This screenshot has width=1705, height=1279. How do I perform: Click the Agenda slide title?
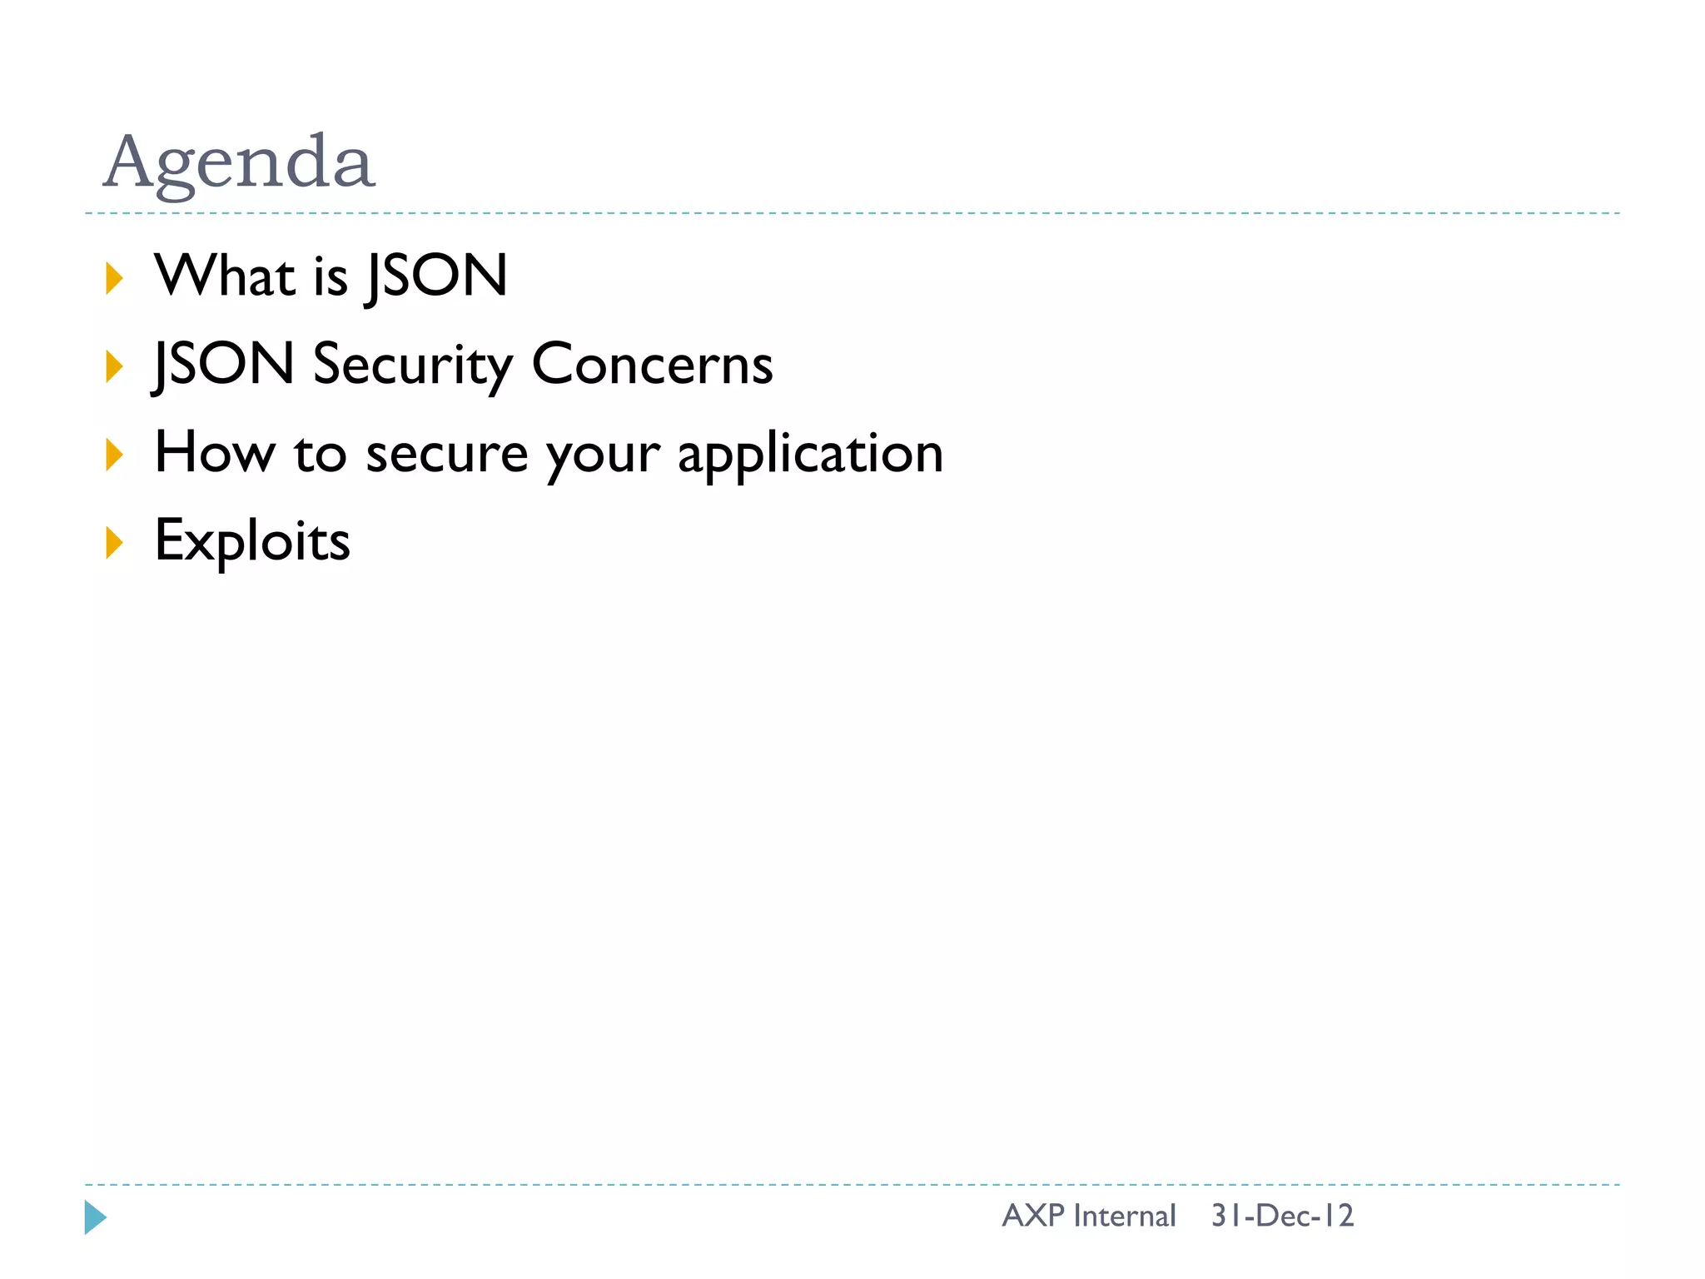coord(239,162)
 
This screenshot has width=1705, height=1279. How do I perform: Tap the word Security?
coord(413,365)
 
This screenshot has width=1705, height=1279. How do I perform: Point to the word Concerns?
coord(652,365)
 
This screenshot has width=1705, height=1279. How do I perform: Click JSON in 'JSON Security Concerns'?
coord(224,365)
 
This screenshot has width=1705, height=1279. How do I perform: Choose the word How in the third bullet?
coord(215,453)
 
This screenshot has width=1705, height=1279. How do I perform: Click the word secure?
coord(447,455)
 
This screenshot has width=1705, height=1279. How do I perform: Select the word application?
coord(810,455)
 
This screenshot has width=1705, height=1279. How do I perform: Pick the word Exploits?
coord(252,542)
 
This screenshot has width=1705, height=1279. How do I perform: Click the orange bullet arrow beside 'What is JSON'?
coord(114,278)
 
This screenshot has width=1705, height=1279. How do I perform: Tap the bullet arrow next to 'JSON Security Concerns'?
coord(114,366)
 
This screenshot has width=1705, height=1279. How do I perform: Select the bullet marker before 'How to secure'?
coord(114,455)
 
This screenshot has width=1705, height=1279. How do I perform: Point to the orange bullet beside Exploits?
coord(114,543)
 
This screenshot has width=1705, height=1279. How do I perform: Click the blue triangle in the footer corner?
coord(95,1217)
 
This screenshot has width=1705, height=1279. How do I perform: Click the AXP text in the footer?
coord(1033,1216)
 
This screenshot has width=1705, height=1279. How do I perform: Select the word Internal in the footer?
coord(1124,1216)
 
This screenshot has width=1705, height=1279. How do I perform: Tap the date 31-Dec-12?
coord(1282,1216)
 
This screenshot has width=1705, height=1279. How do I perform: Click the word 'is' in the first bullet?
coord(331,276)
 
